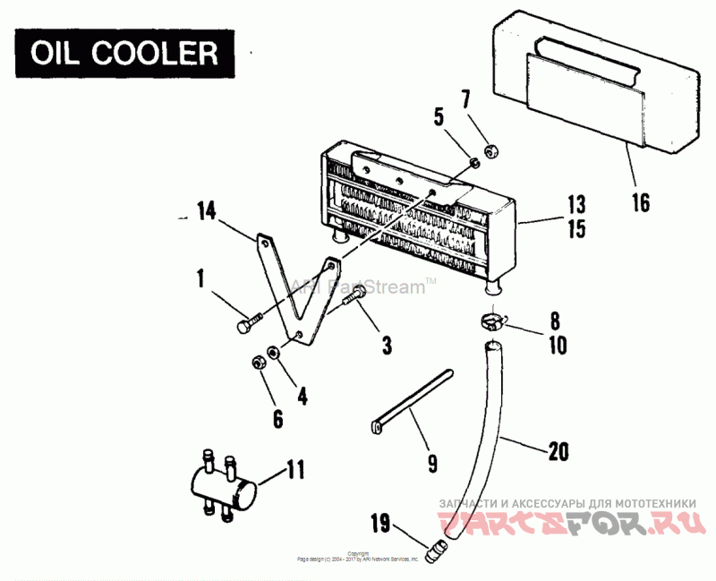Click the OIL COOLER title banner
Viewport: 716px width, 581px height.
click(x=124, y=53)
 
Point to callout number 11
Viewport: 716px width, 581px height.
click(x=296, y=467)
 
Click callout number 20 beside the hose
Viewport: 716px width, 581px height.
click(x=558, y=453)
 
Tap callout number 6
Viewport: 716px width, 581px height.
click(x=277, y=417)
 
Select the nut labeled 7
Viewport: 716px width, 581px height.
click(x=491, y=150)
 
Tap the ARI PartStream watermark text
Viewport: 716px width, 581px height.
click(x=362, y=287)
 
